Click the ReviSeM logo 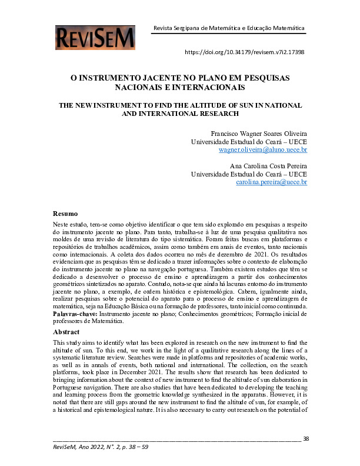click(96, 37)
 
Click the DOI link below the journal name click(244, 52)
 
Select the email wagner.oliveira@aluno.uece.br click(262, 150)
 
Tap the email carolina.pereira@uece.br click(271, 183)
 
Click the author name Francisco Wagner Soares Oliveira click(258, 134)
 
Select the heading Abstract click(67, 331)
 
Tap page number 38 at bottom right click(305, 438)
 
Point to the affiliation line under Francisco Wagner click(249, 142)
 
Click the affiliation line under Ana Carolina click(249, 175)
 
